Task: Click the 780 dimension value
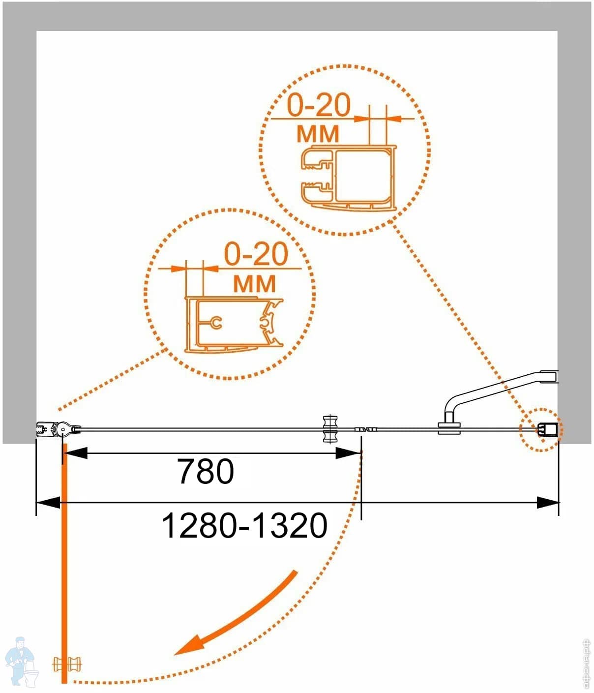click(206, 472)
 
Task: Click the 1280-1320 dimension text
click(244, 526)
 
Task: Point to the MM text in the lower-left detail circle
click(254, 284)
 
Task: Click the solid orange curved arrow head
click(191, 645)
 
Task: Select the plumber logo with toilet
click(21, 662)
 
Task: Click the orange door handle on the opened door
click(67, 664)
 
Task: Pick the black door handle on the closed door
click(330, 429)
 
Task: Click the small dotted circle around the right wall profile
click(542, 429)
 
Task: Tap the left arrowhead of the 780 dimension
click(76, 453)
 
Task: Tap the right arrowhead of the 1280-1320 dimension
click(548, 503)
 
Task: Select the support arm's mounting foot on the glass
click(449, 427)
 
